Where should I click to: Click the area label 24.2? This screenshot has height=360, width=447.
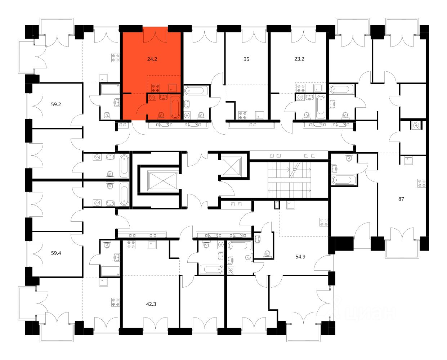click(152, 59)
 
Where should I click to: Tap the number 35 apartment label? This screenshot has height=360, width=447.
click(246, 59)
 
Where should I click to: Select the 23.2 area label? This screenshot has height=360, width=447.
click(299, 59)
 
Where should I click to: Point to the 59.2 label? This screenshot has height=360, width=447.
click(56, 104)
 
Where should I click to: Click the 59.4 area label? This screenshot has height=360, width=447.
click(56, 253)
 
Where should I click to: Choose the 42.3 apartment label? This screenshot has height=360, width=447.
click(151, 304)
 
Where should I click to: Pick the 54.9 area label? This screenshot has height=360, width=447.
click(300, 257)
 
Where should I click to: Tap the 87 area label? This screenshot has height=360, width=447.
click(401, 199)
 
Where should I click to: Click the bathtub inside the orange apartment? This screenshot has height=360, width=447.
click(175, 107)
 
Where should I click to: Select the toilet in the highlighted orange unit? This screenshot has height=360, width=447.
click(161, 116)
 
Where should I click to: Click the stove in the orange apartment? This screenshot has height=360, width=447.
click(156, 88)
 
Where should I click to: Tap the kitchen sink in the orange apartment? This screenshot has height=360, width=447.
click(172, 88)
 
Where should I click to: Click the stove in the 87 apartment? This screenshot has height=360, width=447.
click(422, 183)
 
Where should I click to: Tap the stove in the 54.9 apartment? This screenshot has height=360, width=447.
click(324, 222)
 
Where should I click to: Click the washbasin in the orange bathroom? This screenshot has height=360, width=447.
click(164, 97)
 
